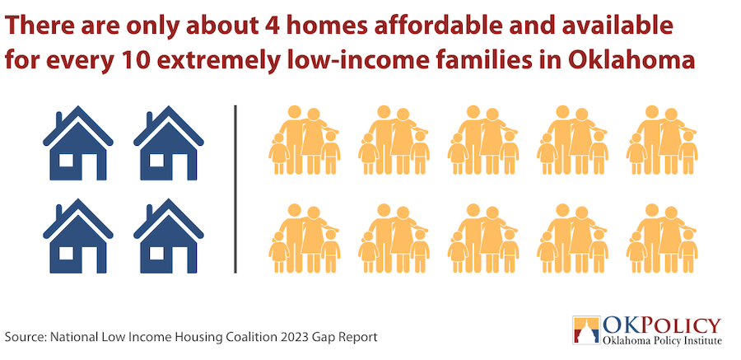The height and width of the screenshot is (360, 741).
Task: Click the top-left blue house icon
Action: click(78, 143)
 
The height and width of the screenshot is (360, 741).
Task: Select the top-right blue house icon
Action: click(169, 143)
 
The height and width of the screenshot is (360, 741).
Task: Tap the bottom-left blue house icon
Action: click(78, 236)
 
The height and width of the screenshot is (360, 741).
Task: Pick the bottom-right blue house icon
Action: click(169, 236)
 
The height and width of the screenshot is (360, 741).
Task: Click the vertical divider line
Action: click(235, 189)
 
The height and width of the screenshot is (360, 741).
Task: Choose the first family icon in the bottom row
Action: click(305, 238)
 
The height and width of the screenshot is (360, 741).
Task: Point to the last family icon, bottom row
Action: click(662, 238)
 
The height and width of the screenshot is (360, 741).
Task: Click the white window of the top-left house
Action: click(66, 161)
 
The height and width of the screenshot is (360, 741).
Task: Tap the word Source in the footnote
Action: click(24, 337)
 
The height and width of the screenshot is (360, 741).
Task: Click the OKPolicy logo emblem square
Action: click(586, 330)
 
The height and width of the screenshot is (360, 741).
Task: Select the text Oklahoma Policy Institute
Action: click(663, 340)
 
